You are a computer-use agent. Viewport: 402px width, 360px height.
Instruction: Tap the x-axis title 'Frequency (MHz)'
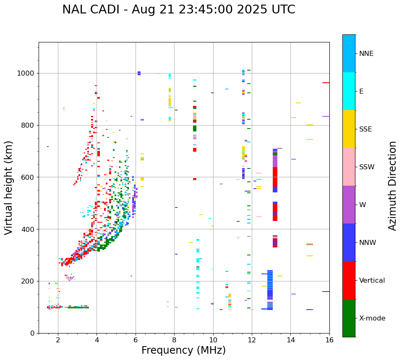click(183, 350)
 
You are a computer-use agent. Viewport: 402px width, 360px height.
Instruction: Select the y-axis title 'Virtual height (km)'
click(9, 187)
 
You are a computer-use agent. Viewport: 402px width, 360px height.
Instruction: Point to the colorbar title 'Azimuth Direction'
click(392, 186)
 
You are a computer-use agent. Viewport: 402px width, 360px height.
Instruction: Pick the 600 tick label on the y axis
click(28, 177)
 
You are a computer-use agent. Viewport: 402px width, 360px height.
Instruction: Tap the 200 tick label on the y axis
click(28, 281)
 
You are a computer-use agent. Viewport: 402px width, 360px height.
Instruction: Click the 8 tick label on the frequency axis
click(174, 340)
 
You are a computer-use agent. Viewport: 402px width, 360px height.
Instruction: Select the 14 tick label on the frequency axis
click(290, 340)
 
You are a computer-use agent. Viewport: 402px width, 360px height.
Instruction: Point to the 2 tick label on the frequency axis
click(58, 340)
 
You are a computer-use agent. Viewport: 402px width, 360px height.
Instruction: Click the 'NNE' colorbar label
click(366, 54)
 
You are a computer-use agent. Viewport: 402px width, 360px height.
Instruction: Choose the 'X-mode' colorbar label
click(372, 318)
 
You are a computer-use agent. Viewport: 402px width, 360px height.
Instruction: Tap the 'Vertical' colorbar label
click(372, 281)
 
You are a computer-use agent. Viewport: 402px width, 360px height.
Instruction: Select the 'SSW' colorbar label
click(367, 167)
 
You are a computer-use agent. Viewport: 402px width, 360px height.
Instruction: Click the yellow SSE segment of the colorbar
click(349, 129)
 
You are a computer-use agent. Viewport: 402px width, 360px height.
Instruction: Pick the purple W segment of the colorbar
click(349, 205)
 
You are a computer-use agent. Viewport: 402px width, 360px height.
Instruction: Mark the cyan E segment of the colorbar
click(349, 91)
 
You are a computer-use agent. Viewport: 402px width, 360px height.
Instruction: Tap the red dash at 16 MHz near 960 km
click(326, 83)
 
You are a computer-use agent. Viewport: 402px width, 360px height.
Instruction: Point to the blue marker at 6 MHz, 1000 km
click(139, 73)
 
